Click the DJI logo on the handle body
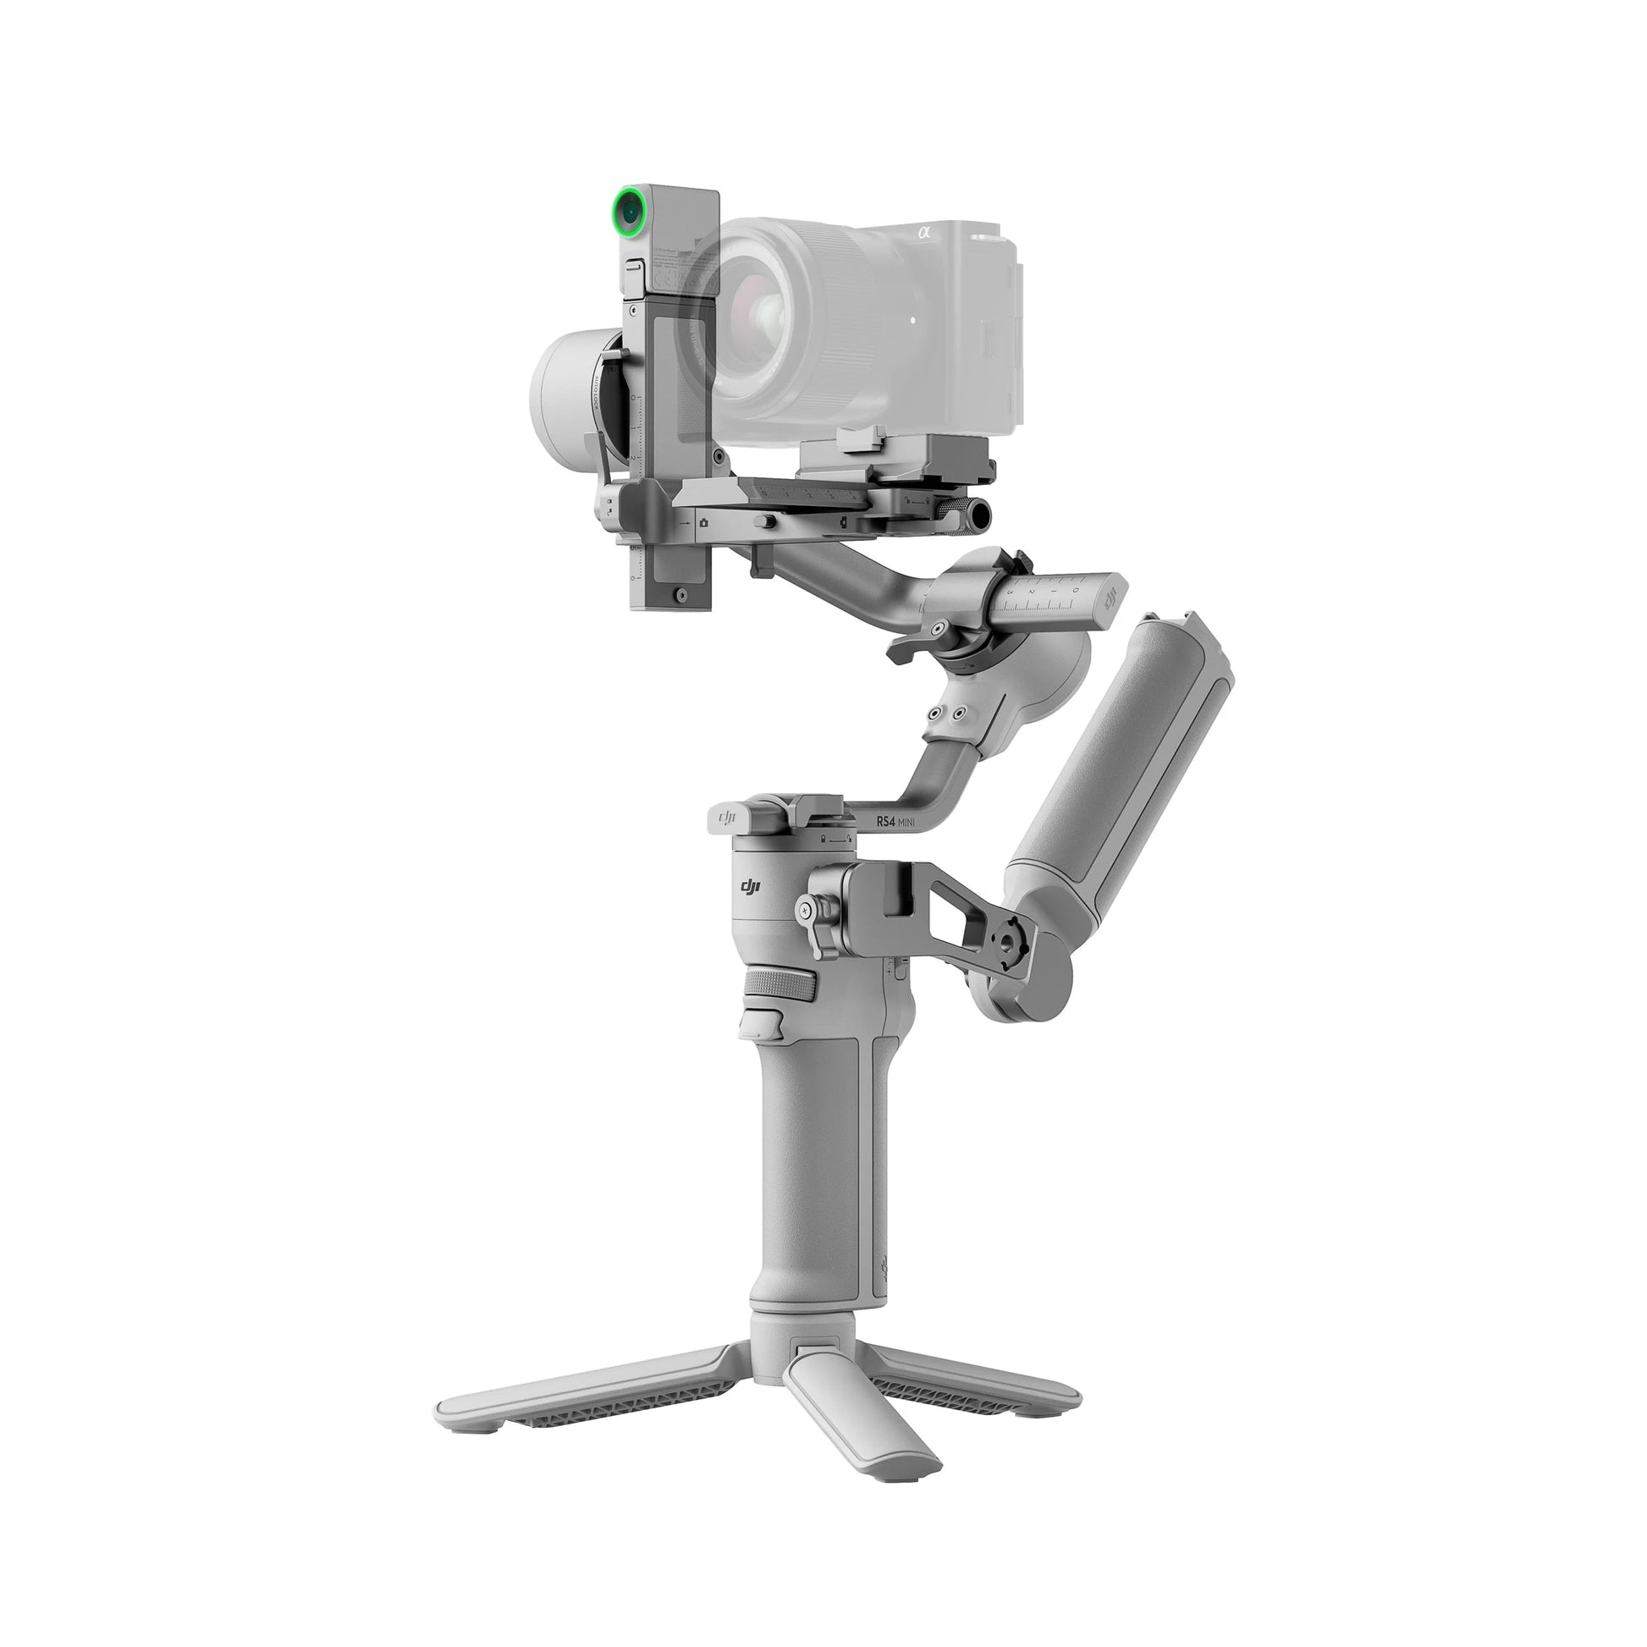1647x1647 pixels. (749, 889)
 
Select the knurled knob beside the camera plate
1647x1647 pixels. (980, 514)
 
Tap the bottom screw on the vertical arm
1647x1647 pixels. (680, 594)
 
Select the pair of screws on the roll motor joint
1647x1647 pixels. (948, 712)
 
